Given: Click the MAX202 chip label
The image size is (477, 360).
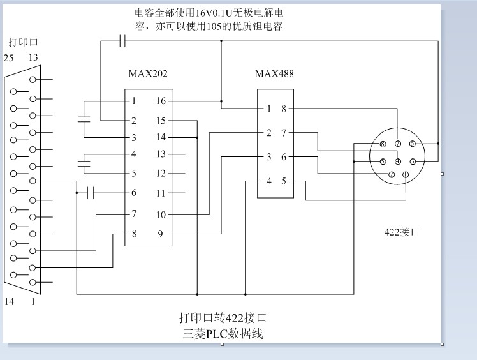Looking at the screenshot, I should tap(148, 74).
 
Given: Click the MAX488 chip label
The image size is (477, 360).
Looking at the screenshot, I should tap(274, 74).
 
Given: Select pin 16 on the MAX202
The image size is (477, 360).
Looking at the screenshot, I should tap(161, 101).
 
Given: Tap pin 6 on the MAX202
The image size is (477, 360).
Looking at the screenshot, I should tap(134, 193).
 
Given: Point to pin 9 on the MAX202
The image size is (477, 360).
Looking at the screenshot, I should tap(161, 234).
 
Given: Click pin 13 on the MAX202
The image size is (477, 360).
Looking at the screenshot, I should tap(161, 154).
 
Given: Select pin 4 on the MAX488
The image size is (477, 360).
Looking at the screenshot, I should tap(268, 181).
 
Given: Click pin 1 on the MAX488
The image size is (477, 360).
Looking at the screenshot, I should tap(268, 109).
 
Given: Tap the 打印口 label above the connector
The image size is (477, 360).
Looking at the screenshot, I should tap(24, 43).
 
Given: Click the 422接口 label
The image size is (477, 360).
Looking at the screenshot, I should tap(402, 232).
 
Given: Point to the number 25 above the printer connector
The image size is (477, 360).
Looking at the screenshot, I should tap(8, 57).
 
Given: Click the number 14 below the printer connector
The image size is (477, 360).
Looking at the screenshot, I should tap(9, 302).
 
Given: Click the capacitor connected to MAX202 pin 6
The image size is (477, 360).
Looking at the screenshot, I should tap(91, 192).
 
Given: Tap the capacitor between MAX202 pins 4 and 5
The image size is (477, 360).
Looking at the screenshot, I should tap(83, 163).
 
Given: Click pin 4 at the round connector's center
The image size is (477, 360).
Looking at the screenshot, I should tap(397, 161).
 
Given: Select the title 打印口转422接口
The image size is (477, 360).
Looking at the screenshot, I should tap(222, 317).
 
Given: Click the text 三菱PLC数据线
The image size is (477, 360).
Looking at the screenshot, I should tap(222, 333).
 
